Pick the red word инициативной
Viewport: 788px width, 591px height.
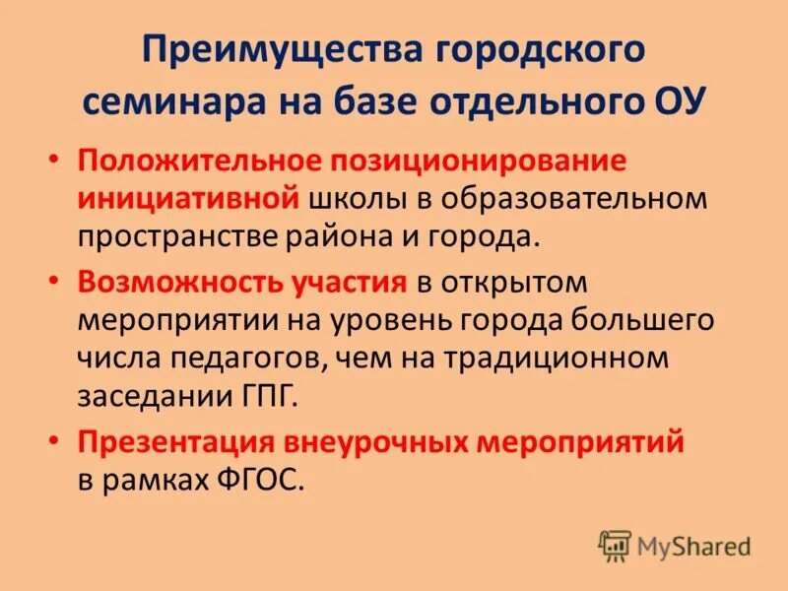click(x=187, y=197)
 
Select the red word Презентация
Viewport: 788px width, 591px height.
click(x=177, y=444)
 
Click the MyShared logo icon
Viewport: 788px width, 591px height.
click(x=614, y=545)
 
